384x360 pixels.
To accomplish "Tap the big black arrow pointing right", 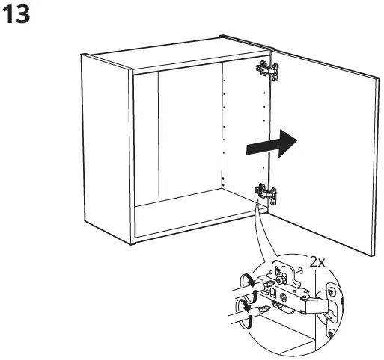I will tap(270, 144).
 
